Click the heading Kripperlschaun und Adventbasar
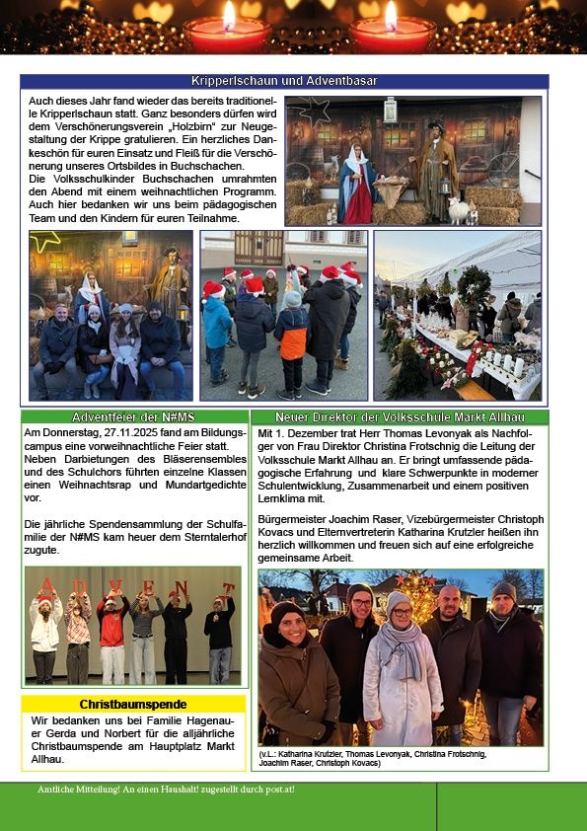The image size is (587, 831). point(284,81)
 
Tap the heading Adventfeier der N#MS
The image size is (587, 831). point(133,417)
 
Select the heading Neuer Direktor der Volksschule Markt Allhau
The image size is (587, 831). point(399,417)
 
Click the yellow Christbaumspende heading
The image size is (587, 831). point(132,704)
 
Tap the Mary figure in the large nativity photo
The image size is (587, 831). point(356,183)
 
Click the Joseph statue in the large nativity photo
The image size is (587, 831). point(435,168)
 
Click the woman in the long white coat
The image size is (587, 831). point(402,671)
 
